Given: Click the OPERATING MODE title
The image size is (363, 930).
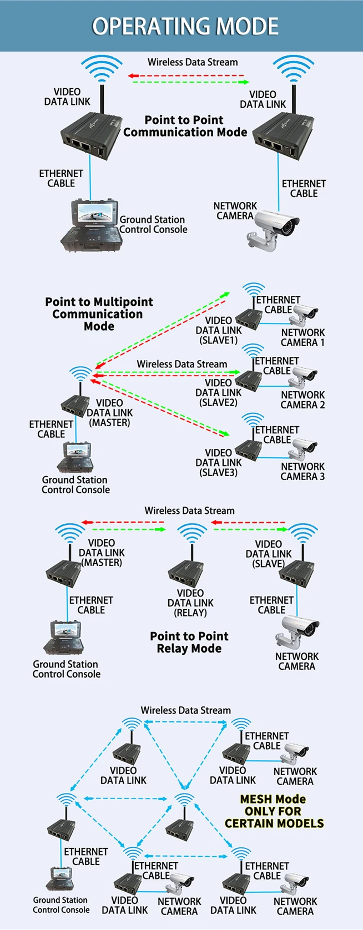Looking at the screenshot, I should [x=185, y=26].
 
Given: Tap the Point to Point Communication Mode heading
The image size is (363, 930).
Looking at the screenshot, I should [x=185, y=126].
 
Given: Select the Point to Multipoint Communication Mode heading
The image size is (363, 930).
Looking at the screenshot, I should [x=99, y=314].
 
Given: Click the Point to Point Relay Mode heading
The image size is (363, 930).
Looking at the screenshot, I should [x=189, y=642].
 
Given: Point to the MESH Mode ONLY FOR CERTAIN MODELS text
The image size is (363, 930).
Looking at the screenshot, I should [x=274, y=811].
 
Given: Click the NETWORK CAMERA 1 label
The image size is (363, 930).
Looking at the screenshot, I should [x=302, y=337].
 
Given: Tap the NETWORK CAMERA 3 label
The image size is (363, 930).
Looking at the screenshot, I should [x=302, y=471].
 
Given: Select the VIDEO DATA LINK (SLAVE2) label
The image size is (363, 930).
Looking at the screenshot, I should [x=219, y=392].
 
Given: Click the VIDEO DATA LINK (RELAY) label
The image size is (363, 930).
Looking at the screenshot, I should [x=190, y=603].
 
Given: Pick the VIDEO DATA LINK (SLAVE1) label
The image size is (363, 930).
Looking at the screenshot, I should [x=219, y=330].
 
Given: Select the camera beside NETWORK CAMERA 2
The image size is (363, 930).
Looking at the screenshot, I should [x=304, y=376].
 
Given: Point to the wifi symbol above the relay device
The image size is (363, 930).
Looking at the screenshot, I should [x=192, y=534].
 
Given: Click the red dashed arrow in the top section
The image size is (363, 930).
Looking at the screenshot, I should [x=185, y=75].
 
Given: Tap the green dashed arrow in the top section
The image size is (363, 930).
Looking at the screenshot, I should [x=191, y=82].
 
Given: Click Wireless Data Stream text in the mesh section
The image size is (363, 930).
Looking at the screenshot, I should [x=185, y=710].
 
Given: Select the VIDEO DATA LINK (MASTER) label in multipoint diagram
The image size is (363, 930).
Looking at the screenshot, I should [x=109, y=413].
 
